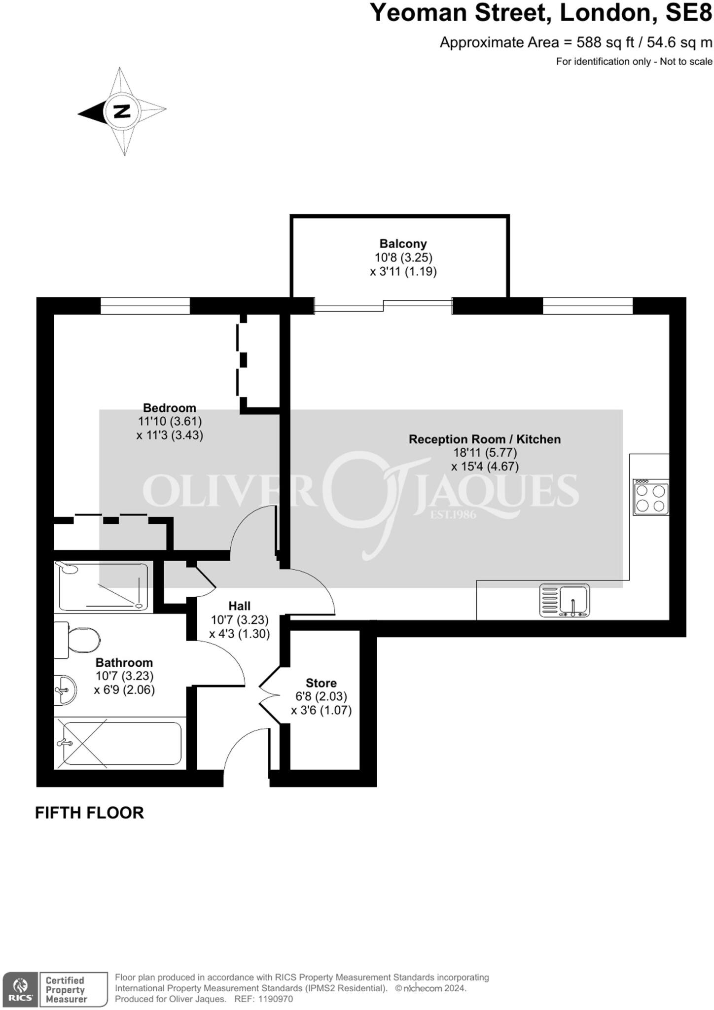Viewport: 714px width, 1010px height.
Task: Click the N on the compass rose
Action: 122,111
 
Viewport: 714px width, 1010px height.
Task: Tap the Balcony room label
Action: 403,244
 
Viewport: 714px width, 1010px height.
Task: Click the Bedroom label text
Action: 170,408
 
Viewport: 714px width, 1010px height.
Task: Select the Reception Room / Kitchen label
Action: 485,439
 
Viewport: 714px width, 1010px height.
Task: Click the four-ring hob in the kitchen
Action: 651,498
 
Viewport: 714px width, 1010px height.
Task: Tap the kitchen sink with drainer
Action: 565,600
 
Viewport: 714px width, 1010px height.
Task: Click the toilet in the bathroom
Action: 79,641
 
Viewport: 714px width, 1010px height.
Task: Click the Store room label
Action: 321,683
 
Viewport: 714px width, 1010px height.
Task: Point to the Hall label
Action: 239,606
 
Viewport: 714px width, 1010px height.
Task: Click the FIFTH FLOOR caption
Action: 89,813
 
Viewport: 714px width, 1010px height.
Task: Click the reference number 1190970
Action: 275,999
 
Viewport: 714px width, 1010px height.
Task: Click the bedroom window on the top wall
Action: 145,306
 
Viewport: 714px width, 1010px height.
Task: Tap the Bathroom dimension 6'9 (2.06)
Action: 124,689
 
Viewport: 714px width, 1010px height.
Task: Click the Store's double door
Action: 270,695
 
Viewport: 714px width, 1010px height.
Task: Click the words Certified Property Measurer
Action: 66,989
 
